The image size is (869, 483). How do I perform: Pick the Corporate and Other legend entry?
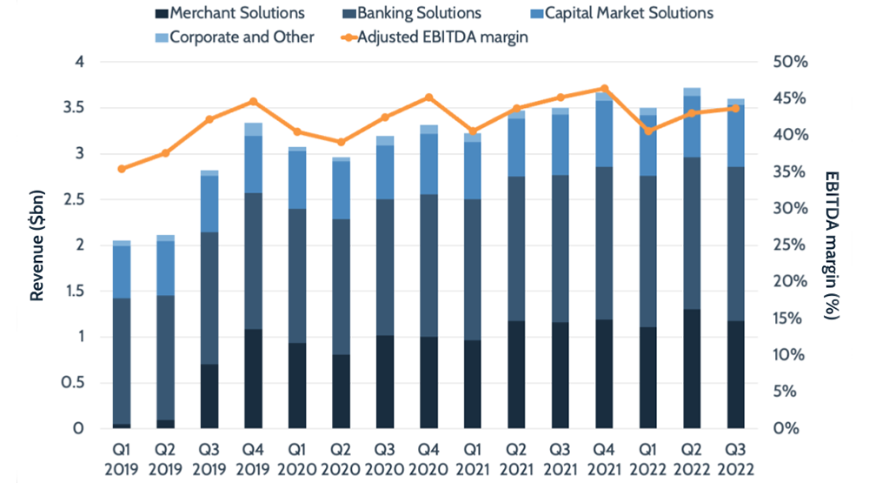235,37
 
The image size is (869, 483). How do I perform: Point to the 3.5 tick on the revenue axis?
78,108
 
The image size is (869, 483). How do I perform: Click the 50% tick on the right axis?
791,63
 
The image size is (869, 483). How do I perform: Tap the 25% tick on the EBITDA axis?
791,245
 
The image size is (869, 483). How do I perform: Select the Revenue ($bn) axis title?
37,245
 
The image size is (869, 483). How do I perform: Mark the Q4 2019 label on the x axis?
253,458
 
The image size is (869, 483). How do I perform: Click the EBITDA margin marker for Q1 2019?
122,169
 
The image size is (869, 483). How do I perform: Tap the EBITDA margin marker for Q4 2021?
605,89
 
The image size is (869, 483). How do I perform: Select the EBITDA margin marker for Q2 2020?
341,142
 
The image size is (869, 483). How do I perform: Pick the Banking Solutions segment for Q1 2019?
122,361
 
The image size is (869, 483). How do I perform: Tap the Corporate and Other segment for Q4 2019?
253,130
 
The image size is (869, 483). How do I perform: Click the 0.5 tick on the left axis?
78,383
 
